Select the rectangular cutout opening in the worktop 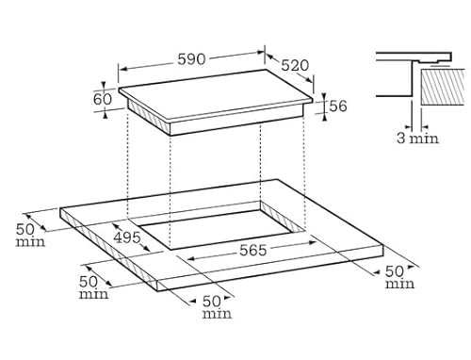(226, 228)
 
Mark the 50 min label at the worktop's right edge (400, 277)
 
